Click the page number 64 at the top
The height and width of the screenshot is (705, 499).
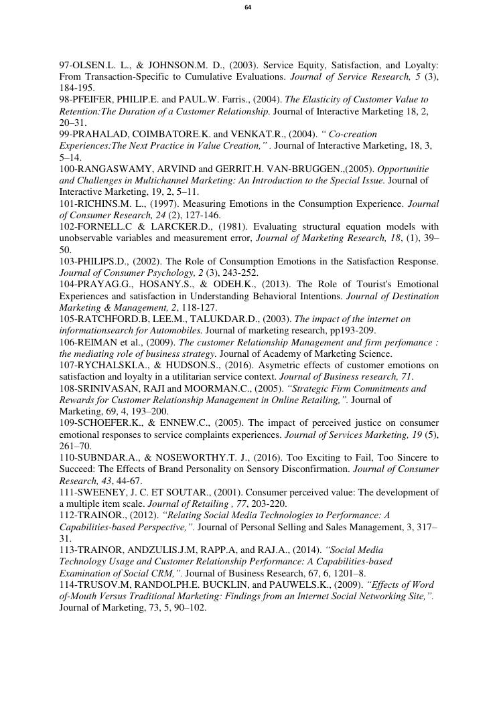coord(248,7)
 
